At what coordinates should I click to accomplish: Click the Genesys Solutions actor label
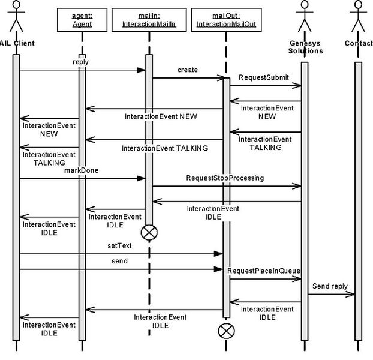click(305, 47)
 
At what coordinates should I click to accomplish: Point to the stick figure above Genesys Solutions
click(305, 16)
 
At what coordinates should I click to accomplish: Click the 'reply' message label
click(80, 62)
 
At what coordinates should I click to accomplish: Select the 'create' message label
click(188, 70)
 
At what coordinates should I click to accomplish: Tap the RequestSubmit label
click(264, 77)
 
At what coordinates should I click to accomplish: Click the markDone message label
click(82, 170)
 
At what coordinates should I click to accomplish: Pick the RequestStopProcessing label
click(225, 178)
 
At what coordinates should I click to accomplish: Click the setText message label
click(119, 245)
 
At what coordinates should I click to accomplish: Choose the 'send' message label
click(120, 261)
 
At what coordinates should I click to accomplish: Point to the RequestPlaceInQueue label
click(264, 271)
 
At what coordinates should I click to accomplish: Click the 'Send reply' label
click(330, 286)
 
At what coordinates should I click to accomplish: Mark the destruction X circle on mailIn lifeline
click(149, 232)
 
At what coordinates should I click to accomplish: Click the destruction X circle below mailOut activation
click(226, 331)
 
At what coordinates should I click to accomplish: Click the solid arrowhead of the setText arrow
click(218, 254)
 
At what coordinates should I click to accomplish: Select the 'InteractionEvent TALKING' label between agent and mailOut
click(165, 148)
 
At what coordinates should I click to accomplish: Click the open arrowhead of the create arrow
click(221, 78)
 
